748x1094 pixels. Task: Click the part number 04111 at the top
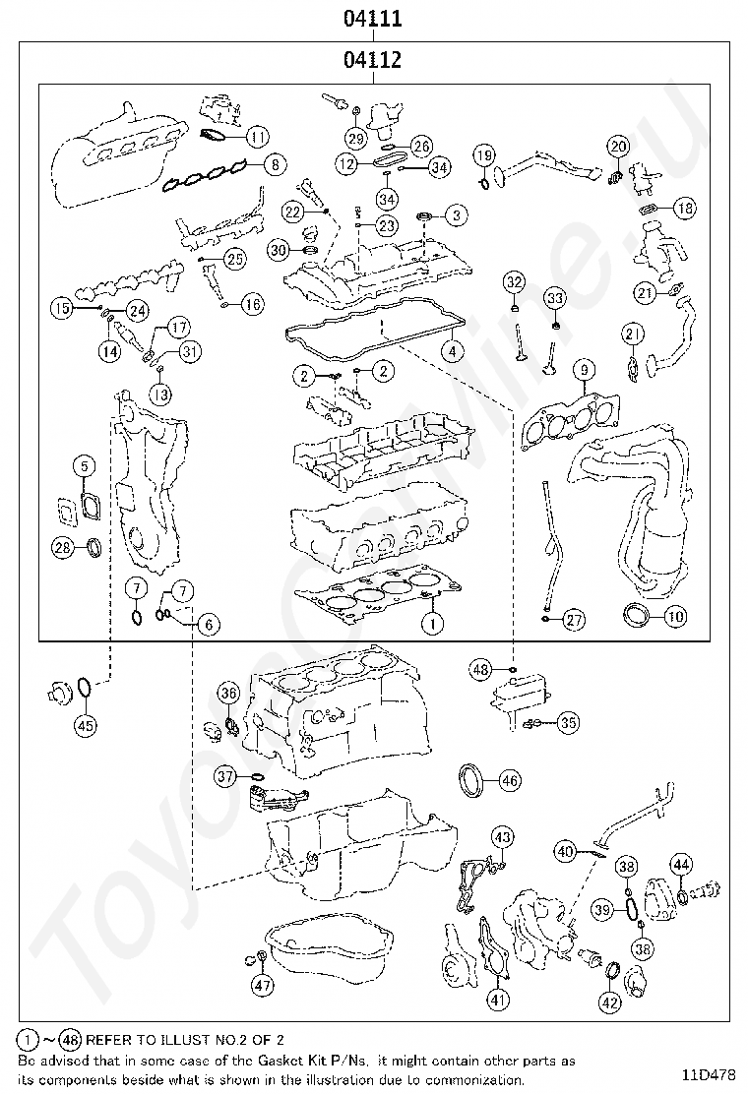pyautogui.click(x=372, y=19)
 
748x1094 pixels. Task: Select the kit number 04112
pyautogui.click(x=372, y=61)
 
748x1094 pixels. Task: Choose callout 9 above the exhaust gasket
pyautogui.click(x=584, y=370)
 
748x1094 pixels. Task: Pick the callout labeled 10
pyautogui.click(x=674, y=617)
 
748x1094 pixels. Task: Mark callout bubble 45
pyautogui.click(x=85, y=726)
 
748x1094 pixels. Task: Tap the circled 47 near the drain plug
pyautogui.click(x=262, y=984)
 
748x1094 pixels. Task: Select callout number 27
pyautogui.click(x=574, y=620)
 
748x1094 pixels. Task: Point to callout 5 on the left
pyautogui.click(x=84, y=466)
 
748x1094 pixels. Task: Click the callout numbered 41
pyautogui.click(x=499, y=1001)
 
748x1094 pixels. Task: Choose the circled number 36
pyautogui.click(x=228, y=694)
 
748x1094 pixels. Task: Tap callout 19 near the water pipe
pyautogui.click(x=483, y=154)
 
